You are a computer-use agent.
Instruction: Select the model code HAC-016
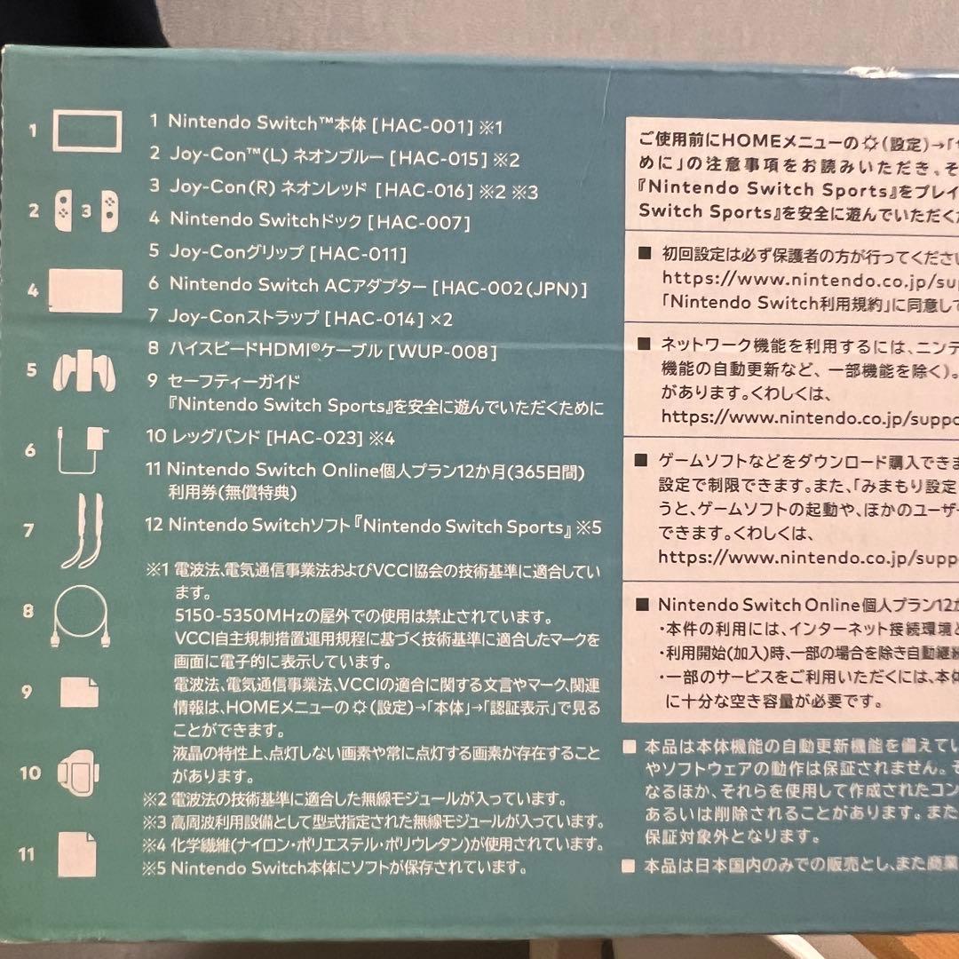425,190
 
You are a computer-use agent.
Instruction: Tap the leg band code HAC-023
316,437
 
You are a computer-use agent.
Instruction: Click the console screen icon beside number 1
87,131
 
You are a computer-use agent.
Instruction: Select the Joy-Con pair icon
86,210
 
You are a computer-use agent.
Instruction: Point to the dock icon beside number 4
86,289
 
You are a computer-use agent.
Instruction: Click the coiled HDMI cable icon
81,613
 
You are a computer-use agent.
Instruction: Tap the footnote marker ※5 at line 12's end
590,527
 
